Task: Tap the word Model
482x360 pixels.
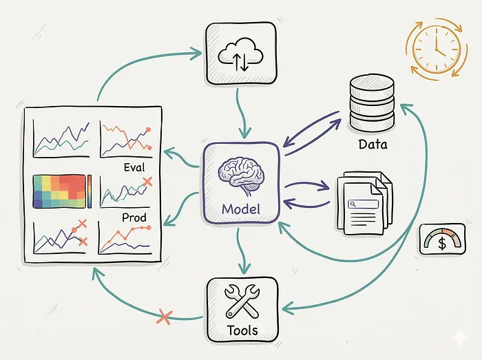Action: pos(241,208)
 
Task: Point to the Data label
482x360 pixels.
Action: pos(373,145)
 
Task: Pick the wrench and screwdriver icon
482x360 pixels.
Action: pos(242,301)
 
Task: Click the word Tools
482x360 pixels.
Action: pos(242,330)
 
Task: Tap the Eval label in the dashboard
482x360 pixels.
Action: pos(135,167)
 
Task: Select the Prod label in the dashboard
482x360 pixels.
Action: pos(134,218)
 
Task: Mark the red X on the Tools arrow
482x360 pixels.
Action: pos(165,317)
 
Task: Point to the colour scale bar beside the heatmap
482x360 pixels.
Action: pos(90,191)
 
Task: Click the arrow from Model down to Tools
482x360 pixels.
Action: pos(240,251)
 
